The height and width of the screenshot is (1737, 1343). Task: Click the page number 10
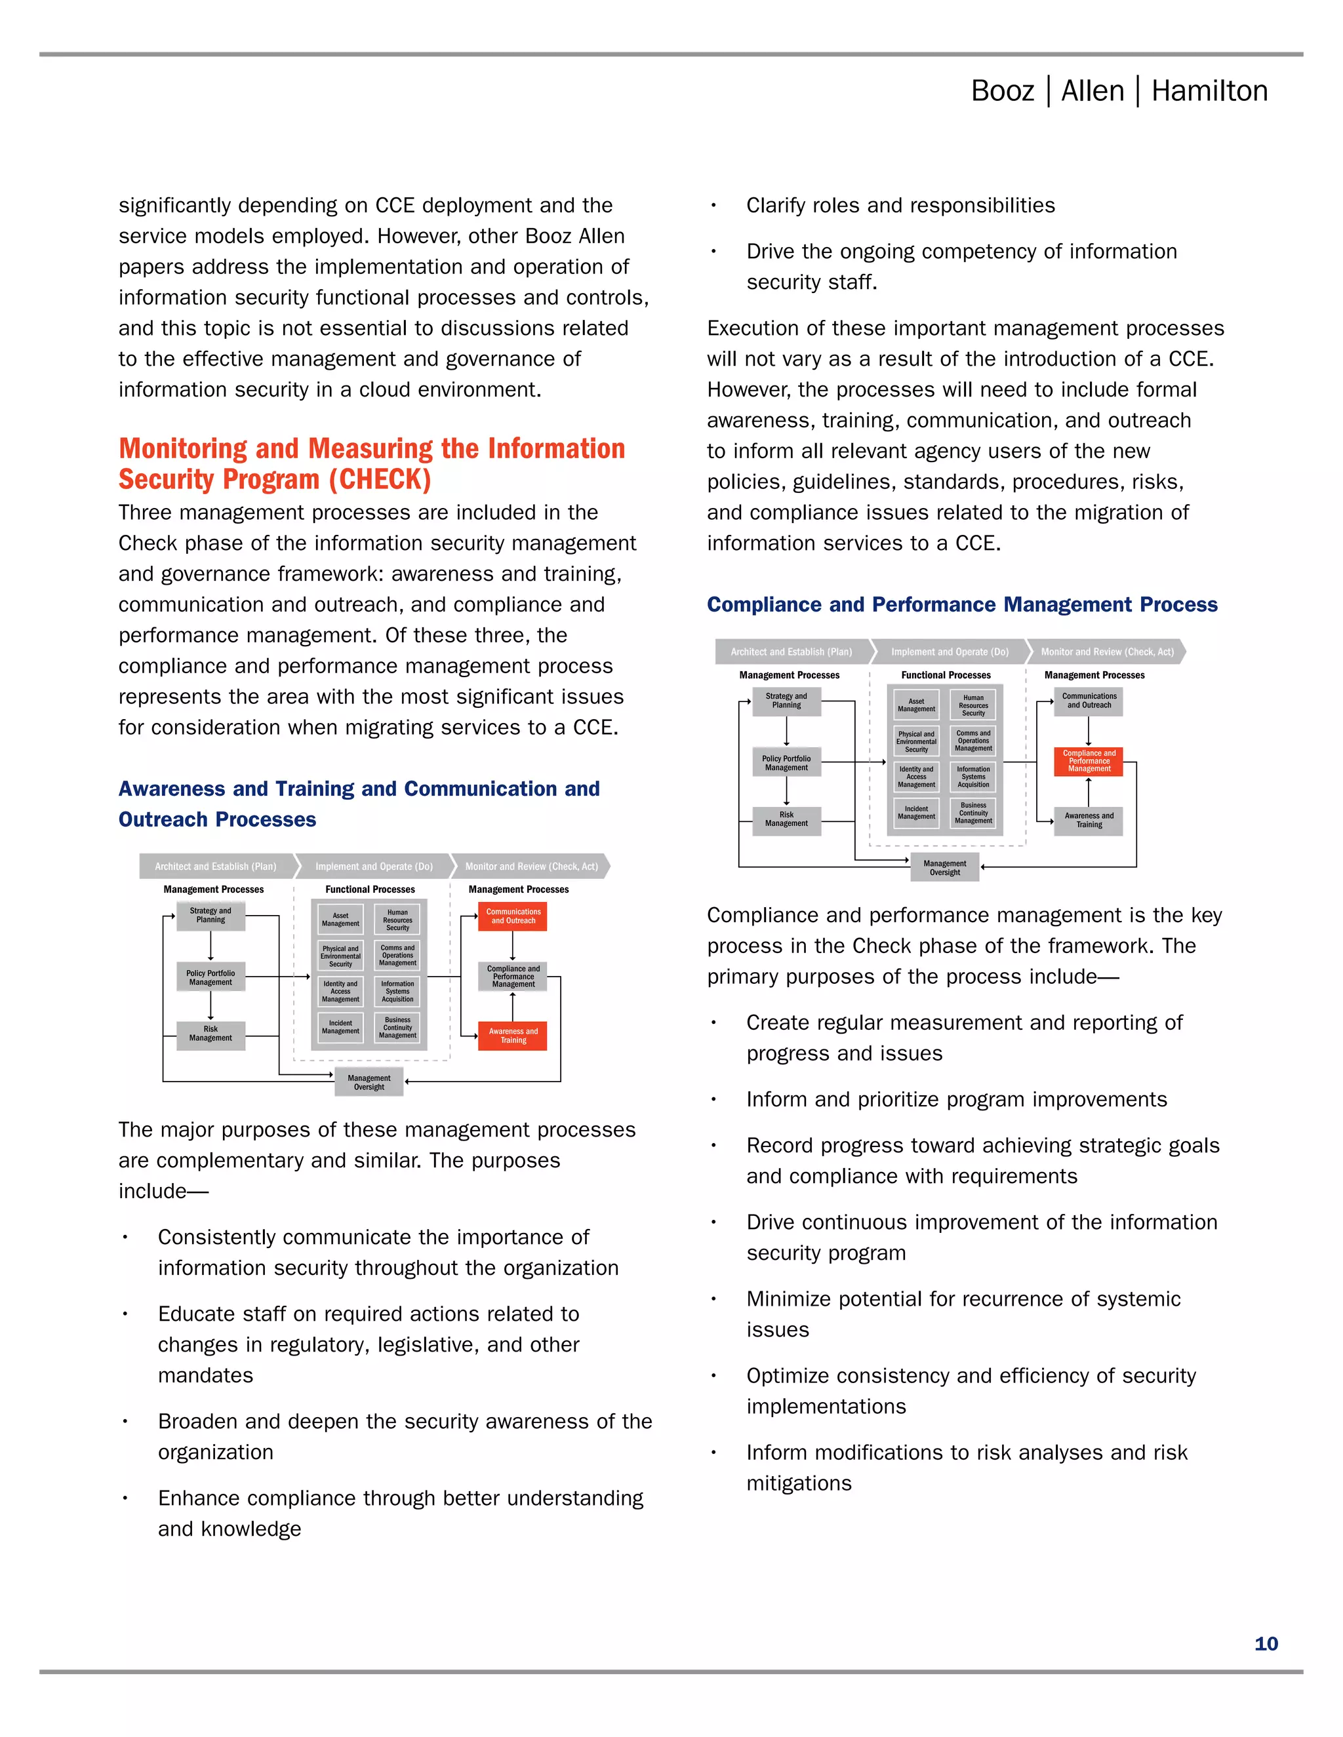[x=1265, y=1643]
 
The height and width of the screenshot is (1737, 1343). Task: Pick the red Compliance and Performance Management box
[x=1089, y=761]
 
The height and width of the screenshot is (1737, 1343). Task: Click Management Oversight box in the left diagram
[x=369, y=1082]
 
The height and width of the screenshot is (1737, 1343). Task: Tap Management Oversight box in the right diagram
[x=944, y=868]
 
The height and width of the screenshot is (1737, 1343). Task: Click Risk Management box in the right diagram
[x=786, y=819]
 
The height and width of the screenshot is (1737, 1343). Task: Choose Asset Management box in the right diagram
[x=915, y=705]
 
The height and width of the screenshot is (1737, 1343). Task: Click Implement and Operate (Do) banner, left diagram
[x=374, y=866]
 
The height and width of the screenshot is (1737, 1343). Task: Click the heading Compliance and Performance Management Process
[x=962, y=604]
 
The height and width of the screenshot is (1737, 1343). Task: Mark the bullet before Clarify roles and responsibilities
[x=713, y=206]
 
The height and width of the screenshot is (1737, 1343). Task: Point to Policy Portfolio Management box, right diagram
[x=786, y=763]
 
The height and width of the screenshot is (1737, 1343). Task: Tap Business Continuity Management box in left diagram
[x=398, y=1028]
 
